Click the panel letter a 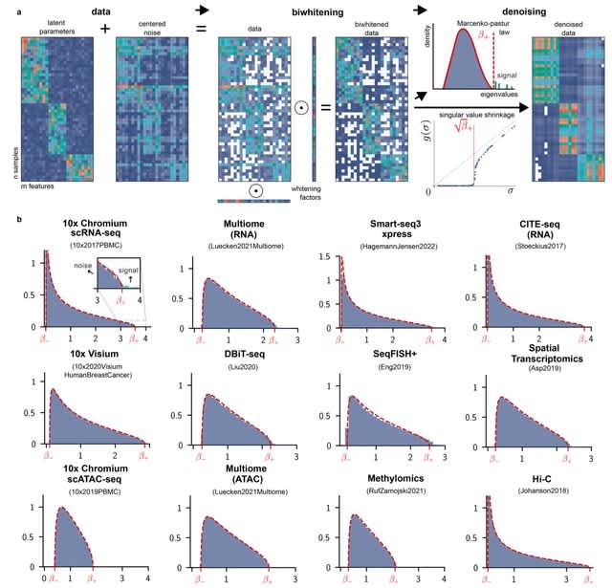point(9,9)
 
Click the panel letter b point(9,221)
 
